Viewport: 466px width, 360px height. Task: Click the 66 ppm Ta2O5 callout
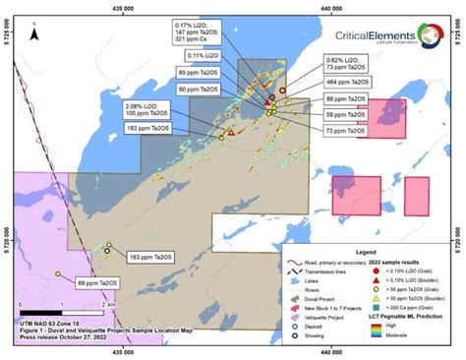tap(346, 100)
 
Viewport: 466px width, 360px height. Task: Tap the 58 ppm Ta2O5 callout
tap(346, 115)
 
